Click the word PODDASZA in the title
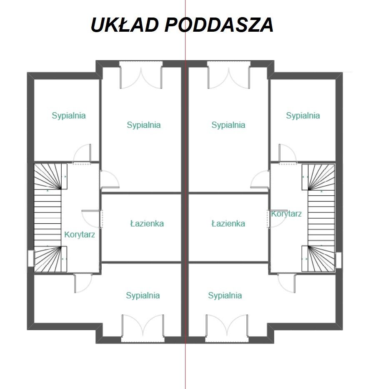(219, 25)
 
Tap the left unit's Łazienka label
(147, 224)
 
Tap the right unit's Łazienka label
(228, 224)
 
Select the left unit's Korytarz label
(80, 235)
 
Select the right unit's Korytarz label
(286, 214)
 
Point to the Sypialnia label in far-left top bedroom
(69, 116)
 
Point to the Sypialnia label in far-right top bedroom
(303, 116)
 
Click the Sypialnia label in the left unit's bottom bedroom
(143, 296)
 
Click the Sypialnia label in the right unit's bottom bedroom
(225, 296)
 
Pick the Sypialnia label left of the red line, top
(144, 125)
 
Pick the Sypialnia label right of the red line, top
(228, 125)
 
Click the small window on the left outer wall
(31, 258)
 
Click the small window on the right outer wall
(338, 260)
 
